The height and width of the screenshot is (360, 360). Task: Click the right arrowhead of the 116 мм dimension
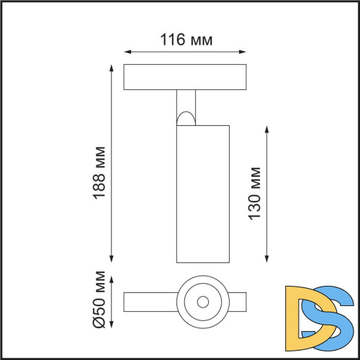coord(245,52)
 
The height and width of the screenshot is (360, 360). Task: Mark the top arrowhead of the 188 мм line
coord(112,67)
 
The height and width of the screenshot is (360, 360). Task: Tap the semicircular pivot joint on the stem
coord(186,117)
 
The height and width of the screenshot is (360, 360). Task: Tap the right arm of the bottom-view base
coord(238,300)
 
